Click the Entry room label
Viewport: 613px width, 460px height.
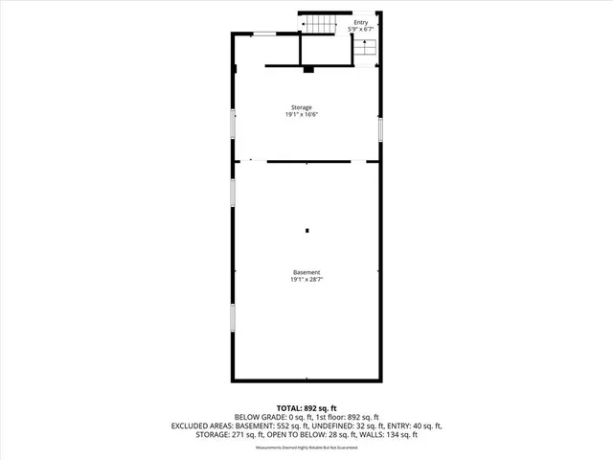(x=360, y=22)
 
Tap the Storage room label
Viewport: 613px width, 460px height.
(x=302, y=107)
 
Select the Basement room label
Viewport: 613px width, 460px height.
(x=306, y=272)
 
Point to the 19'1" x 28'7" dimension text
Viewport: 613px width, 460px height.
(x=306, y=280)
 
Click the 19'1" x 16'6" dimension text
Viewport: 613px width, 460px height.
(x=302, y=115)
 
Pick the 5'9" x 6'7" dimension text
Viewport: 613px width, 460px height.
(x=360, y=30)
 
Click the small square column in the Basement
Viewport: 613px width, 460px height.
(x=306, y=230)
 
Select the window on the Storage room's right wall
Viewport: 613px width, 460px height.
(x=380, y=127)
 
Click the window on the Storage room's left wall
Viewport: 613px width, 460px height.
(x=233, y=125)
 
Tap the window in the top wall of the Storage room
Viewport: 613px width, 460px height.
(x=267, y=34)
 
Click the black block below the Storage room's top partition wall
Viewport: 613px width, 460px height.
(x=307, y=69)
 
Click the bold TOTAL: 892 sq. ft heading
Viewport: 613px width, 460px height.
(x=306, y=408)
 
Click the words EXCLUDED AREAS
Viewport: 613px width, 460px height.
(x=204, y=425)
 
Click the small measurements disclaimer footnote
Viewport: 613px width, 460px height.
(x=306, y=448)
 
